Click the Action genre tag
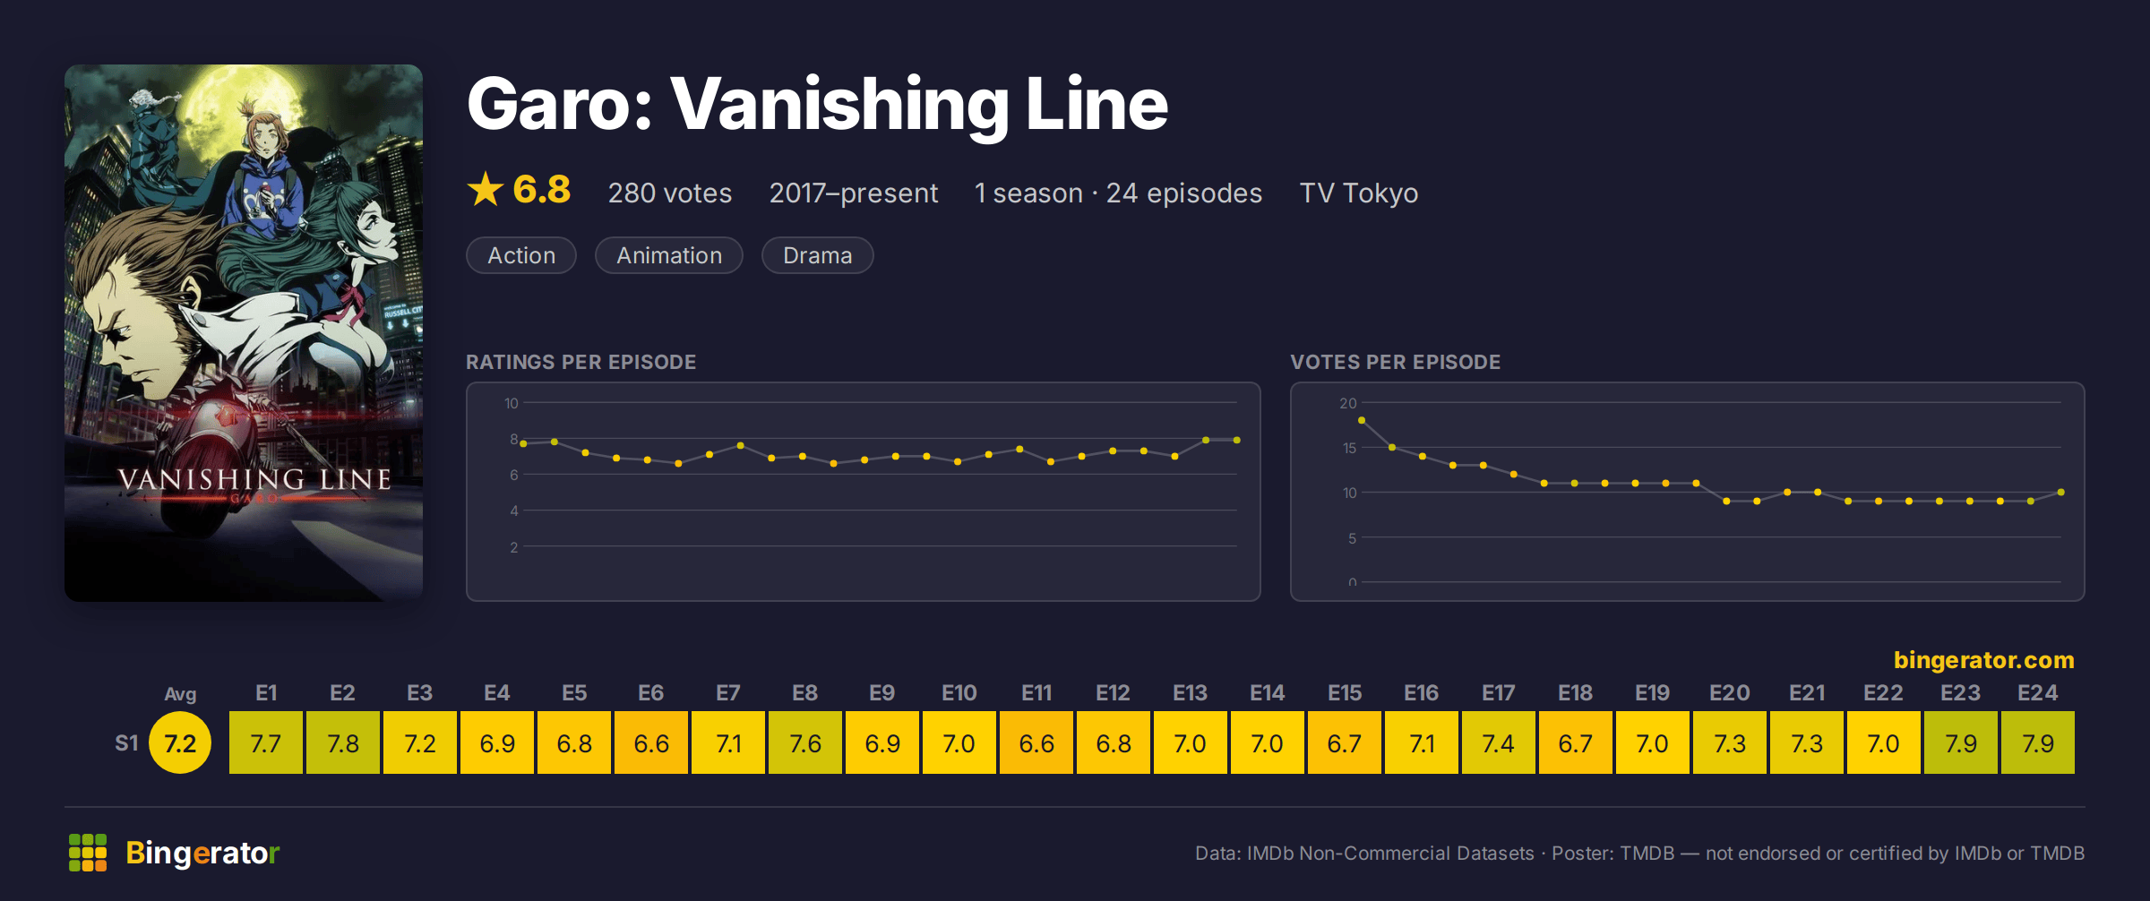tap(521, 255)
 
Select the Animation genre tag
tap(669, 255)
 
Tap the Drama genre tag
tap(817, 255)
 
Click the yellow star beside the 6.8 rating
tap(486, 189)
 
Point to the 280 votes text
tap(670, 193)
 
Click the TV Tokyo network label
tap(1359, 193)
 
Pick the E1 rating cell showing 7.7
tap(266, 742)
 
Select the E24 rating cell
tap(2037, 742)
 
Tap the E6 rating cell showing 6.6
tap(651, 742)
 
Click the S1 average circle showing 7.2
tap(180, 742)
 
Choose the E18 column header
tap(1575, 693)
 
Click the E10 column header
tap(959, 693)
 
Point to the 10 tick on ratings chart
tap(512, 403)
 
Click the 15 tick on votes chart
tap(1349, 448)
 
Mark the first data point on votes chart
tap(1362, 420)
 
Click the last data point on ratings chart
tap(1237, 440)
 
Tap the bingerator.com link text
tap(1984, 660)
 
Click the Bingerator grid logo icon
tap(88, 853)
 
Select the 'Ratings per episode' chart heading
tap(581, 362)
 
